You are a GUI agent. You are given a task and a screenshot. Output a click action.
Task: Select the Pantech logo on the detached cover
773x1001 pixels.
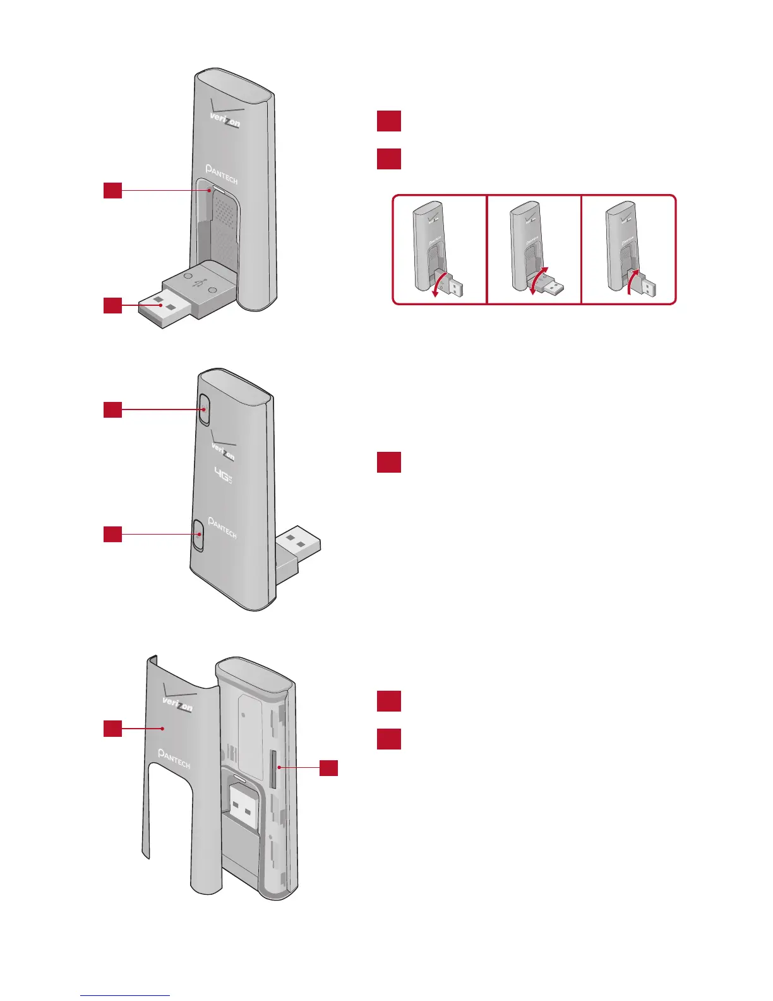click(174, 758)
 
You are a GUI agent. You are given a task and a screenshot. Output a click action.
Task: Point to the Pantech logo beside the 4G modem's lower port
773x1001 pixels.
click(222, 528)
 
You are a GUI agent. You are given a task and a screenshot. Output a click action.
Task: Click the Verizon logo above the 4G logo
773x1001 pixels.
click(223, 448)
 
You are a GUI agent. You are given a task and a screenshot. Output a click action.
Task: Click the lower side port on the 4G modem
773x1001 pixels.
click(198, 534)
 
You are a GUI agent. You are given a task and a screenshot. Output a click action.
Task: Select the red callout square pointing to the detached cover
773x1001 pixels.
click(112, 729)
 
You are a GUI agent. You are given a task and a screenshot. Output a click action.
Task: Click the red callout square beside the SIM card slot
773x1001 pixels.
click(328, 768)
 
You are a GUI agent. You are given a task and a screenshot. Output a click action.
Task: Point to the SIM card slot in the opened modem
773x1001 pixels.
click(273, 769)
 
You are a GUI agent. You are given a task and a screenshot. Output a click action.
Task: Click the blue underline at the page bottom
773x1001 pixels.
click(125, 995)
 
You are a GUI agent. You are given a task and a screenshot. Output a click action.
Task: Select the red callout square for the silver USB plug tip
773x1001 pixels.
click(112, 305)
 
